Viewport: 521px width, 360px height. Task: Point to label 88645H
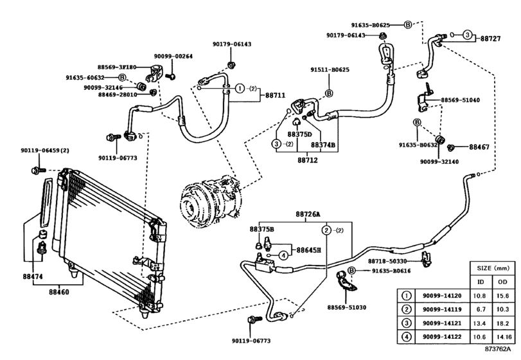point(308,249)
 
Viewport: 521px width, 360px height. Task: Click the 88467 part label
point(479,147)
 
